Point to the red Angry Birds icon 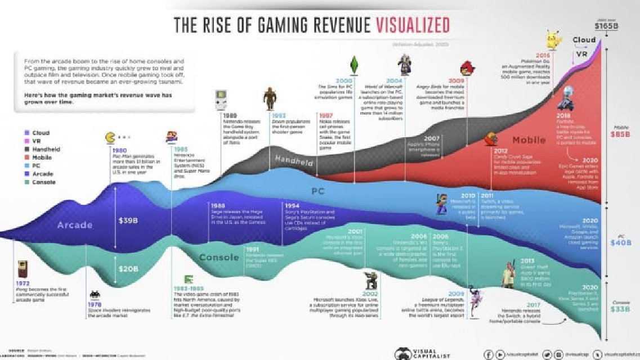[x=467, y=67]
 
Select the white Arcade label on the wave [x=74, y=225]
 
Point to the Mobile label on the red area [x=529, y=139]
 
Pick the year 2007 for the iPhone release [x=432, y=138]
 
